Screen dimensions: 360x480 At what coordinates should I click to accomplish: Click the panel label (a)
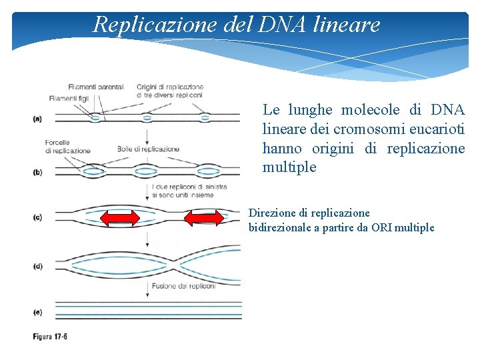pyautogui.click(x=37, y=119)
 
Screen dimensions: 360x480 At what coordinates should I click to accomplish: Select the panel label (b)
pyautogui.click(x=37, y=172)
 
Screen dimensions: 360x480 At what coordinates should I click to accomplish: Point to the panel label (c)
pyautogui.click(x=37, y=217)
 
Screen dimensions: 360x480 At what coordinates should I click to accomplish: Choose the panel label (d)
pyautogui.click(x=37, y=265)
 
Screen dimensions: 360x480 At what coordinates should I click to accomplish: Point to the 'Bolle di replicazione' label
pyautogui.click(x=148, y=149)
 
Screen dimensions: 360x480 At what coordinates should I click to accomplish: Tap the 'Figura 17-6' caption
pyautogui.click(x=50, y=337)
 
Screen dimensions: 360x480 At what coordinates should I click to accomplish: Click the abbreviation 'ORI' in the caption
pyautogui.click(x=381, y=227)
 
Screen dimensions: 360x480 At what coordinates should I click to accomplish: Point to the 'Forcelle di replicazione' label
pyautogui.click(x=67, y=147)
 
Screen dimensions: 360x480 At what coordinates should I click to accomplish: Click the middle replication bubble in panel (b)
pyautogui.click(x=146, y=171)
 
